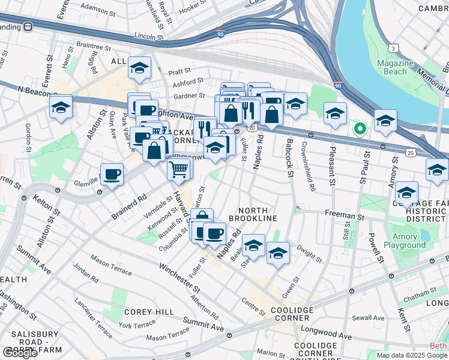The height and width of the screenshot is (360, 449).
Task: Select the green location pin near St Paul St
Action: point(360,128)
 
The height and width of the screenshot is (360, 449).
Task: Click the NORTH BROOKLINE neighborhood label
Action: point(257,214)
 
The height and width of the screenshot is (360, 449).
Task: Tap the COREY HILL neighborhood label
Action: point(149,312)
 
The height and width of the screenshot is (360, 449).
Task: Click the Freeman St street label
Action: point(345,214)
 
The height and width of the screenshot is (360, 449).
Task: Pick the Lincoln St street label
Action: point(149,36)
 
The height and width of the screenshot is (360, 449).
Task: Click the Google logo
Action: point(20,352)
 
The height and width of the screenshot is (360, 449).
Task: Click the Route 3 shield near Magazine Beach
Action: point(393,47)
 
